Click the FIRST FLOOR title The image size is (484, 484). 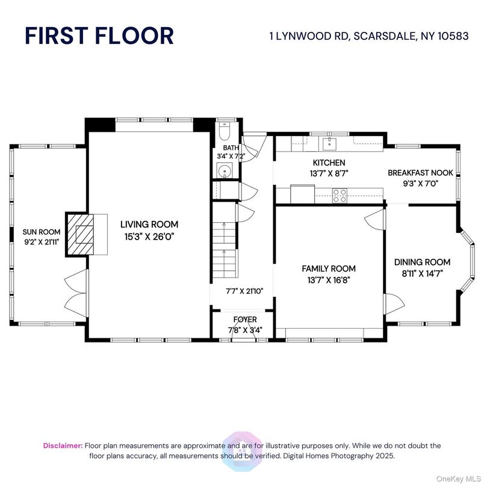99,36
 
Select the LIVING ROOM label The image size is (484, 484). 148,225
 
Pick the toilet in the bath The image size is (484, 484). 224,131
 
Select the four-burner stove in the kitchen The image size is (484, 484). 340,194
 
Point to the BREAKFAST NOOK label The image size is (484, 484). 420,172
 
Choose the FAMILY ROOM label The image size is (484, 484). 328,268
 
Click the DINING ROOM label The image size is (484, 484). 422,262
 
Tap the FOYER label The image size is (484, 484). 244,319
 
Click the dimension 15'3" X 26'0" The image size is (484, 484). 148,237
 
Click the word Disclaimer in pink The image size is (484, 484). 63,445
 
